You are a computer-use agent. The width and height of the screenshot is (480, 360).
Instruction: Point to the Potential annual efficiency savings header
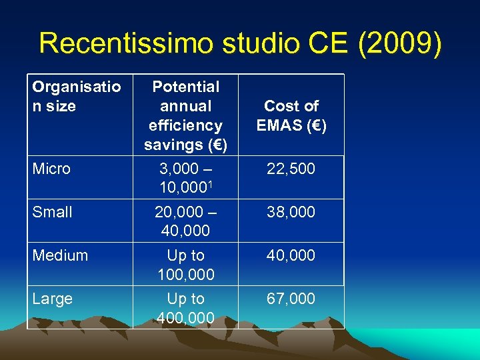coord(185,115)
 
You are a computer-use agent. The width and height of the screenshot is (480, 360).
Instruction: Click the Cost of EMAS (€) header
coord(291,115)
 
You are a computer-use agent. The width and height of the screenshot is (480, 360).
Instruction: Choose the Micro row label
coord(51,169)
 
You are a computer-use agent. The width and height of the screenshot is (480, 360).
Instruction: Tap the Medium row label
coord(60,255)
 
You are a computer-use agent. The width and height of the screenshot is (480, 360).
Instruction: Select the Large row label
coord(52,299)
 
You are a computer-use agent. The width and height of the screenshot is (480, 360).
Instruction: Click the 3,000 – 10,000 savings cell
coord(185,178)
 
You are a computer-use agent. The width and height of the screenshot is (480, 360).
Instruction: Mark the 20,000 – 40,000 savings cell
coord(185,221)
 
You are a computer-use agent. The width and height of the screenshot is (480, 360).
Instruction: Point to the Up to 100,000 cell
coord(185,265)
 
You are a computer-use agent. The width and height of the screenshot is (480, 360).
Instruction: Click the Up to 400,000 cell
coord(185,308)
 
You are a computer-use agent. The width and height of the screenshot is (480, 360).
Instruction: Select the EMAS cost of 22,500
coord(291,169)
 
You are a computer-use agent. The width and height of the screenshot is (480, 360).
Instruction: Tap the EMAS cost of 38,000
coord(291,212)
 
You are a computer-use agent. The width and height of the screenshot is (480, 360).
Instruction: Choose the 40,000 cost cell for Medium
coord(291,255)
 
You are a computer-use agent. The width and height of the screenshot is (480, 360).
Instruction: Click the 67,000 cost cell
coord(291,299)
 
